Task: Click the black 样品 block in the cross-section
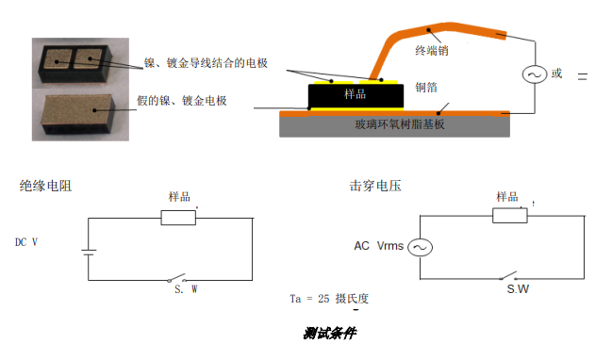pos(355,94)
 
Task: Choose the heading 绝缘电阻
pos(45,186)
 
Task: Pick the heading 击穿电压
pos(375,186)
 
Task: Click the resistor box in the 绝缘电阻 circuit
pos(178,218)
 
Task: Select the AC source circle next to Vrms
pos(418,247)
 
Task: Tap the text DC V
pos(26,242)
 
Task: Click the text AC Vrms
pos(378,247)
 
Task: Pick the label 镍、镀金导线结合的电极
pos(206,63)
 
